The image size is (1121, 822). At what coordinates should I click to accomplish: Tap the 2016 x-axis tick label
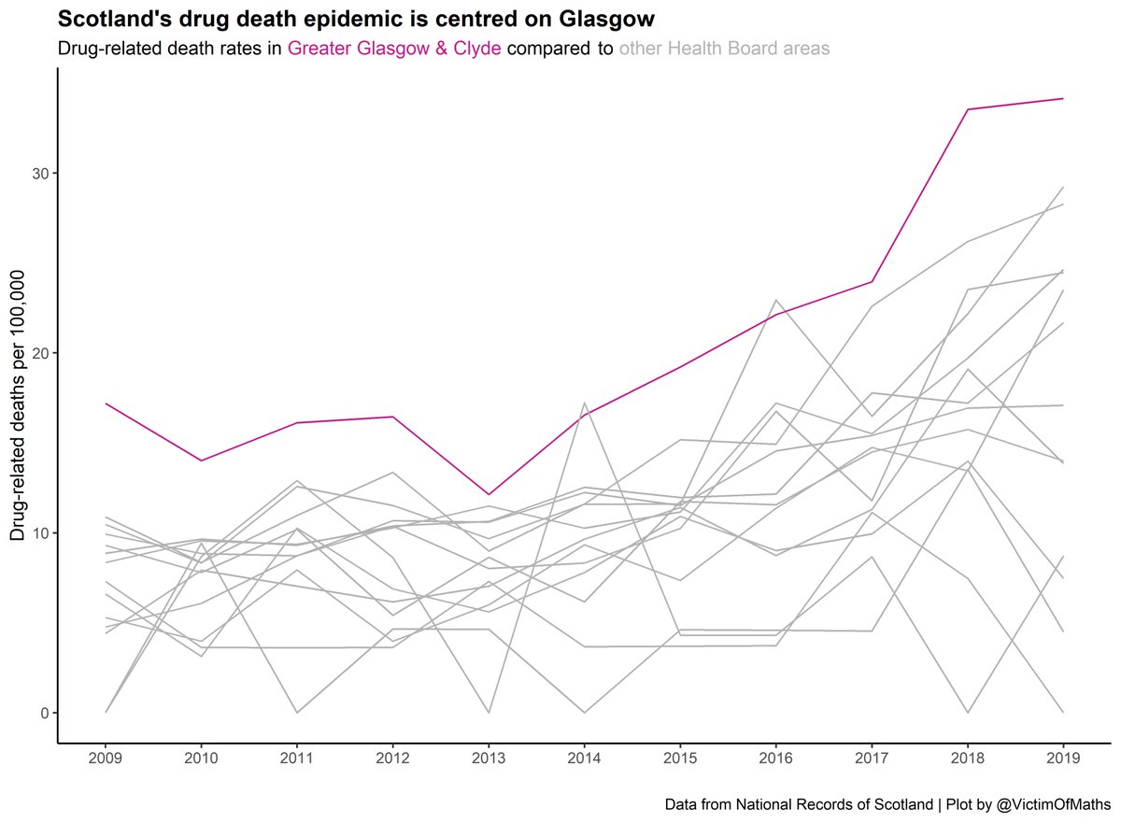(776, 759)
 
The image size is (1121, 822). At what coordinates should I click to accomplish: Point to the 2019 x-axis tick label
(1063, 759)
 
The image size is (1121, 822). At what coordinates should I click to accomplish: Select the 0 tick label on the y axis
(42, 713)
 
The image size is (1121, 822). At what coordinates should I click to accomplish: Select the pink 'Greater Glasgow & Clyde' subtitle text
(395, 49)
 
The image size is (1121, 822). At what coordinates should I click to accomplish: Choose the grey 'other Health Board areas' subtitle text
(724, 49)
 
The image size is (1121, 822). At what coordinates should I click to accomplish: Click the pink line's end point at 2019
(1063, 98)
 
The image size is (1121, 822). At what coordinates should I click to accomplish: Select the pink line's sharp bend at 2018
(968, 109)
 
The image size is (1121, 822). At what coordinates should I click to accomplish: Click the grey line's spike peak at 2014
(585, 403)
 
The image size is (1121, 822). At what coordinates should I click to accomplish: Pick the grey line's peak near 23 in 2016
(776, 300)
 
